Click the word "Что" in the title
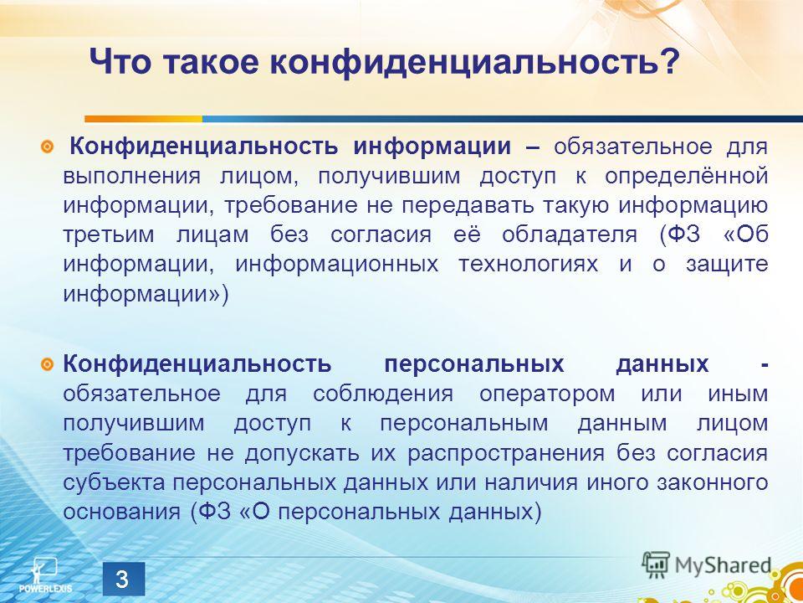tap(120, 63)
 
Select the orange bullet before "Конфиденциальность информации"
tap(47, 148)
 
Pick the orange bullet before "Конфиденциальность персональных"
tap(47, 365)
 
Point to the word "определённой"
tap(686, 177)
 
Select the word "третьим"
tap(109, 235)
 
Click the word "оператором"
tap(547, 394)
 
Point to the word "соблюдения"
tap(383, 394)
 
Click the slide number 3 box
tap(122, 580)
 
